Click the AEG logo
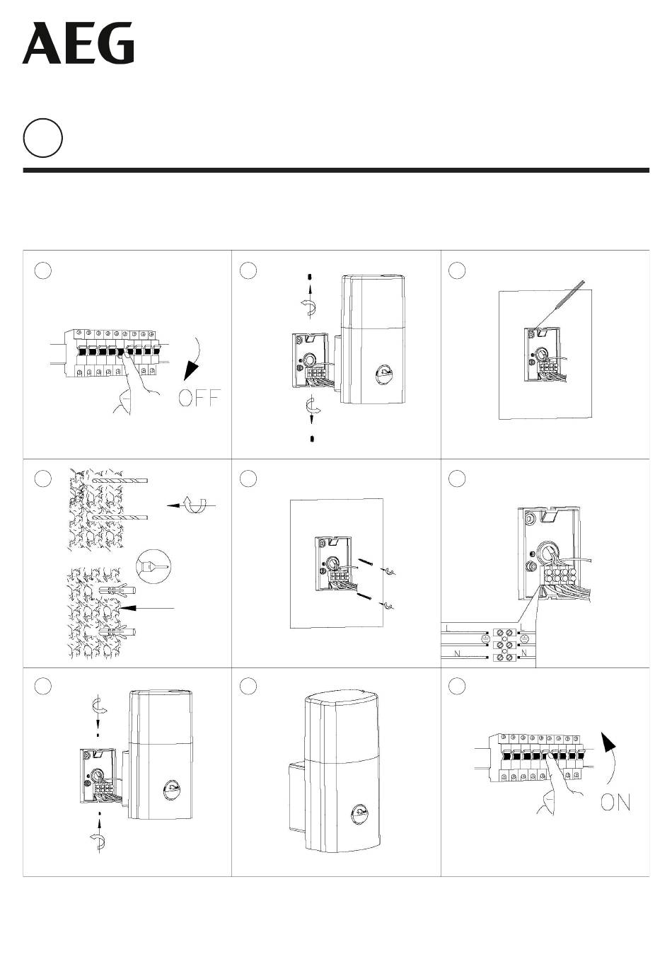click(x=79, y=43)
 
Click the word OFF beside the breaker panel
click(x=199, y=398)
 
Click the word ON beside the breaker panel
click(x=615, y=803)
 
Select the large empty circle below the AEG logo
click(x=43, y=138)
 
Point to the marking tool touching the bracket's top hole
click(x=559, y=306)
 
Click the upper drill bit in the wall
click(x=120, y=481)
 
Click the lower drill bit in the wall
click(x=120, y=517)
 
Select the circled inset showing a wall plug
click(x=153, y=567)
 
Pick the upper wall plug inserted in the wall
click(x=117, y=590)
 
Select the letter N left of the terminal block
click(x=457, y=653)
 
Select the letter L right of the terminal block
click(x=522, y=627)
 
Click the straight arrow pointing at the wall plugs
click(x=147, y=608)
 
